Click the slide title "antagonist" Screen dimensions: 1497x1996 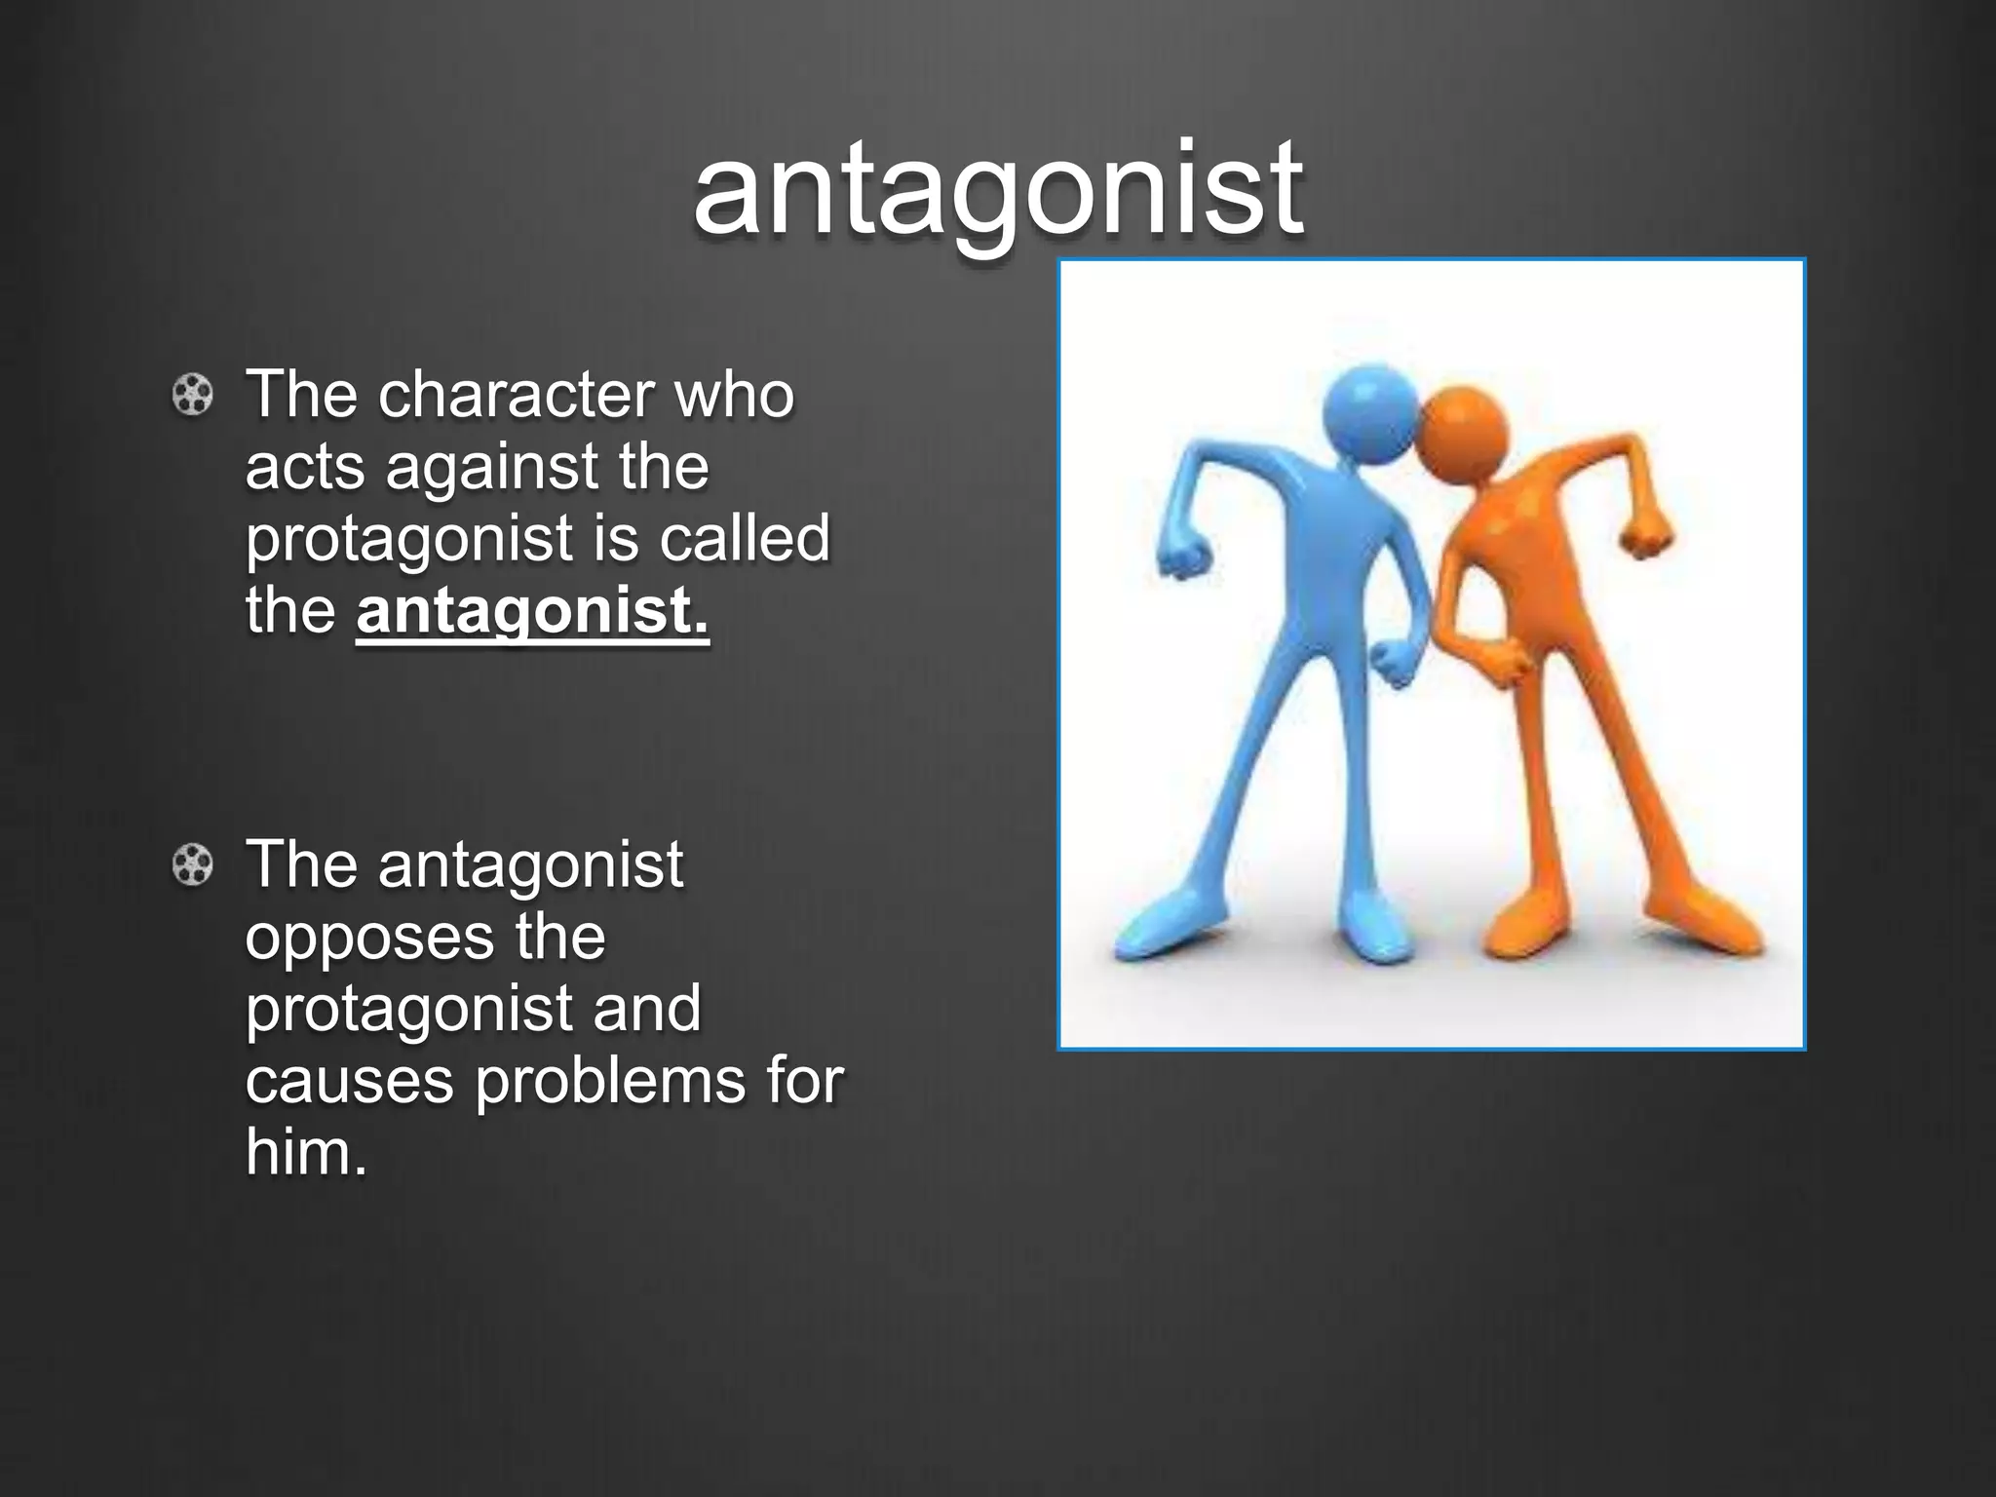click(997, 187)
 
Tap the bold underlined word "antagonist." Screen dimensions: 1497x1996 click(532, 611)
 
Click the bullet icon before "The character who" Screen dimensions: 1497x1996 click(192, 396)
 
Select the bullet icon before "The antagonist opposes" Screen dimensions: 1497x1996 click(192, 865)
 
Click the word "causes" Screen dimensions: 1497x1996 click(349, 1081)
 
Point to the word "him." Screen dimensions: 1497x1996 click(306, 1153)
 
